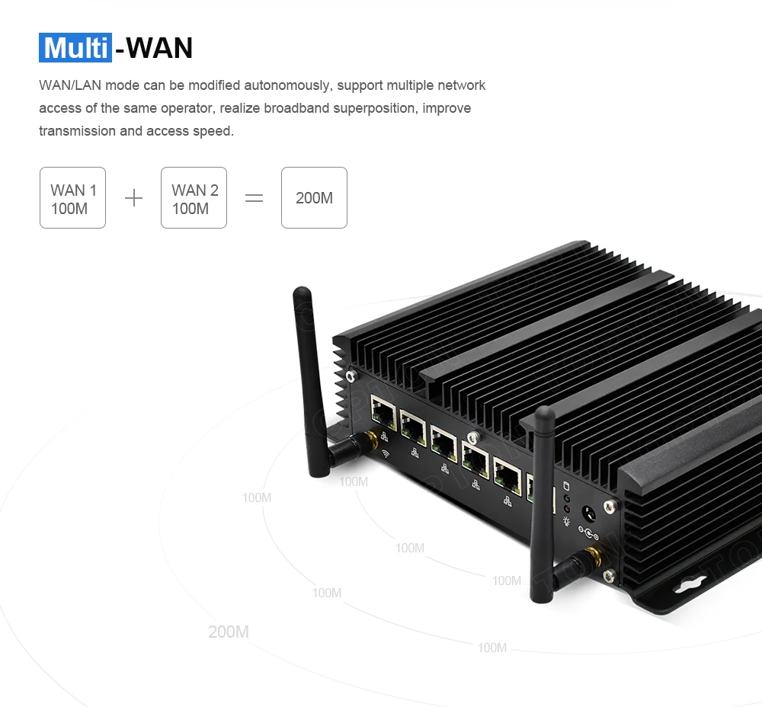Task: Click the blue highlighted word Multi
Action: coord(75,47)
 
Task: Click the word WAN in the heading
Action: coord(159,47)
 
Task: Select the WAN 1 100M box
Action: coord(72,198)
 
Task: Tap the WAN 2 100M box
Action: coord(194,198)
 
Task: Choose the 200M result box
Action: coord(314,198)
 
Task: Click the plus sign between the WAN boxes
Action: coord(133,198)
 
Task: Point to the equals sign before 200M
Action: coord(254,198)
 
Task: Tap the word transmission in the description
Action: coord(78,131)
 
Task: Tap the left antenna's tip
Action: coord(302,293)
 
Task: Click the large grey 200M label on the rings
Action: coord(229,632)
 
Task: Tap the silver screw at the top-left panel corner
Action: coord(350,375)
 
